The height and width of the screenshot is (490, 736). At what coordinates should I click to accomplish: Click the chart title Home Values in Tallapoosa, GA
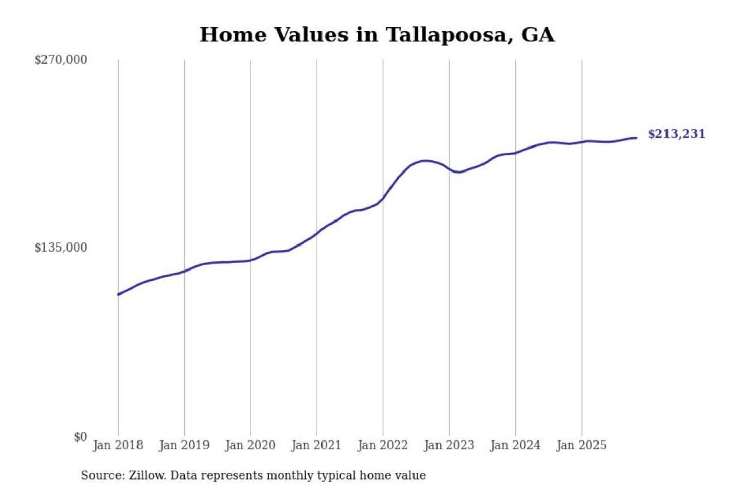pyautogui.click(x=377, y=35)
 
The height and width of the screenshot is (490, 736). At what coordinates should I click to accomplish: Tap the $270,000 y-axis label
pyautogui.click(x=61, y=60)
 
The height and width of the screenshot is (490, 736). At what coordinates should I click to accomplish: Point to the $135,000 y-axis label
pyautogui.click(x=61, y=248)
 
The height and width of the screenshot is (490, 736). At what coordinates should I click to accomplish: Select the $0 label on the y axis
pyautogui.click(x=80, y=437)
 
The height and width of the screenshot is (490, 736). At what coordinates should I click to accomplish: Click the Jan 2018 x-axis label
pyautogui.click(x=118, y=445)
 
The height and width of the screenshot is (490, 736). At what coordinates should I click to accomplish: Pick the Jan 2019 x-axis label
pyautogui.click(x=184, y=445)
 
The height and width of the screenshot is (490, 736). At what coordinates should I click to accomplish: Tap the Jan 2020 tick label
pyautogui.click(x=250, y=445)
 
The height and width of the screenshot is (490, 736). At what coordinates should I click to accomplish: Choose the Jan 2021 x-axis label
pyautogui.click(x=316, y=445)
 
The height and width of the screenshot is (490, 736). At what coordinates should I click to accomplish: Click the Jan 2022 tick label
pyautogui.click(x=382, y=445)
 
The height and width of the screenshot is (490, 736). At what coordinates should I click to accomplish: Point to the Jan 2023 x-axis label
pyautogui.click(x=449, y=445)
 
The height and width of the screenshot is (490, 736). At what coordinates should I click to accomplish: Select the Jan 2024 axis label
pyautogui.click(x=515, y=445)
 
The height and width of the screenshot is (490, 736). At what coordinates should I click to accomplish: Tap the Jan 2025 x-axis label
pyautogui.click(x=581, y=445)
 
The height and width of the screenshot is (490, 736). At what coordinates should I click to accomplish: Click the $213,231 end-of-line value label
pyautogui.click(x=676, y=134)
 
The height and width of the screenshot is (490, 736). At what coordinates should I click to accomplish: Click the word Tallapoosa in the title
pyautogui.click(x=449, y=35)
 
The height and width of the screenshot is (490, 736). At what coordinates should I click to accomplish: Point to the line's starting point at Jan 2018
pyautogui.click(x=118, y=294)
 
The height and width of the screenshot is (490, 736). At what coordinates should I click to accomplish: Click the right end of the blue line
pyautogui.click(x=636, y=138)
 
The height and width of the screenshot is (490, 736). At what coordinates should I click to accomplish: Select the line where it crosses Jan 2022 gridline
pyautogui.click(x=383, y=199)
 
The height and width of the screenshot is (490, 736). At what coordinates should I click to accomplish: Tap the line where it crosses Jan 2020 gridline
pyautogui.click(x=250, y=260)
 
